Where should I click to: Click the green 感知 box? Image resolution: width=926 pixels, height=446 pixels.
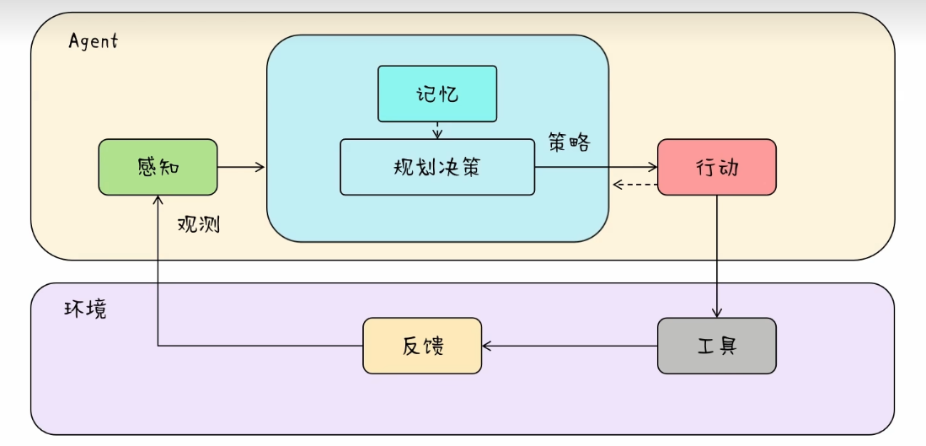pos(158,167)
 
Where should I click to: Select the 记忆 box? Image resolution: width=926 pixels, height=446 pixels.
pos(437,94)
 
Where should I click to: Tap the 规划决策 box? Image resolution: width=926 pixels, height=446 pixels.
pos(437,167)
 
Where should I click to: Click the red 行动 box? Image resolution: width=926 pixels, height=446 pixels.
pos(717,167)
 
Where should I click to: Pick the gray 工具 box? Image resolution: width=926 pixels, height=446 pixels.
pos(717,346)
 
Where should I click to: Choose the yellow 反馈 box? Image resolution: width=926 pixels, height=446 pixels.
pos(422,346)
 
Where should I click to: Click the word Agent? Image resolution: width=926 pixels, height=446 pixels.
pos(94,41)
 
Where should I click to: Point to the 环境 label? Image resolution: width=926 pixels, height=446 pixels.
pos(85,309)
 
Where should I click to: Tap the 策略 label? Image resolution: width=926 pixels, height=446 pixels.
pos(569,142)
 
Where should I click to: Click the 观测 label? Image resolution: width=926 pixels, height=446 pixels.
pos(199,224)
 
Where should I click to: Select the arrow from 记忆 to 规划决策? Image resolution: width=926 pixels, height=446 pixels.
pos(437,131)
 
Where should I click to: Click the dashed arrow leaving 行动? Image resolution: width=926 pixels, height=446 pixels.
pos(635,185)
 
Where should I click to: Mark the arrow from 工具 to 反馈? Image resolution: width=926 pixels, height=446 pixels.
pos(570,346)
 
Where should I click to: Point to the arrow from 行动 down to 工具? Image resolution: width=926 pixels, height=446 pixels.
pos(717,256)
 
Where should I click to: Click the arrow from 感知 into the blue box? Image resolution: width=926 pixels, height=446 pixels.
pos(242,167)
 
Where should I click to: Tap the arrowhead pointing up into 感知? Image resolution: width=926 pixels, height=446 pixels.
pos(158,201)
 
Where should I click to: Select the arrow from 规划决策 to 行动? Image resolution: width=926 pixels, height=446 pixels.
pos(596,167)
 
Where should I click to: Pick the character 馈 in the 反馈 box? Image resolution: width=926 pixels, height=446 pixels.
pos(433,346)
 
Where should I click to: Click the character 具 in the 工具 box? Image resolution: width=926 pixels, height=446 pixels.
pos(728,346)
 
